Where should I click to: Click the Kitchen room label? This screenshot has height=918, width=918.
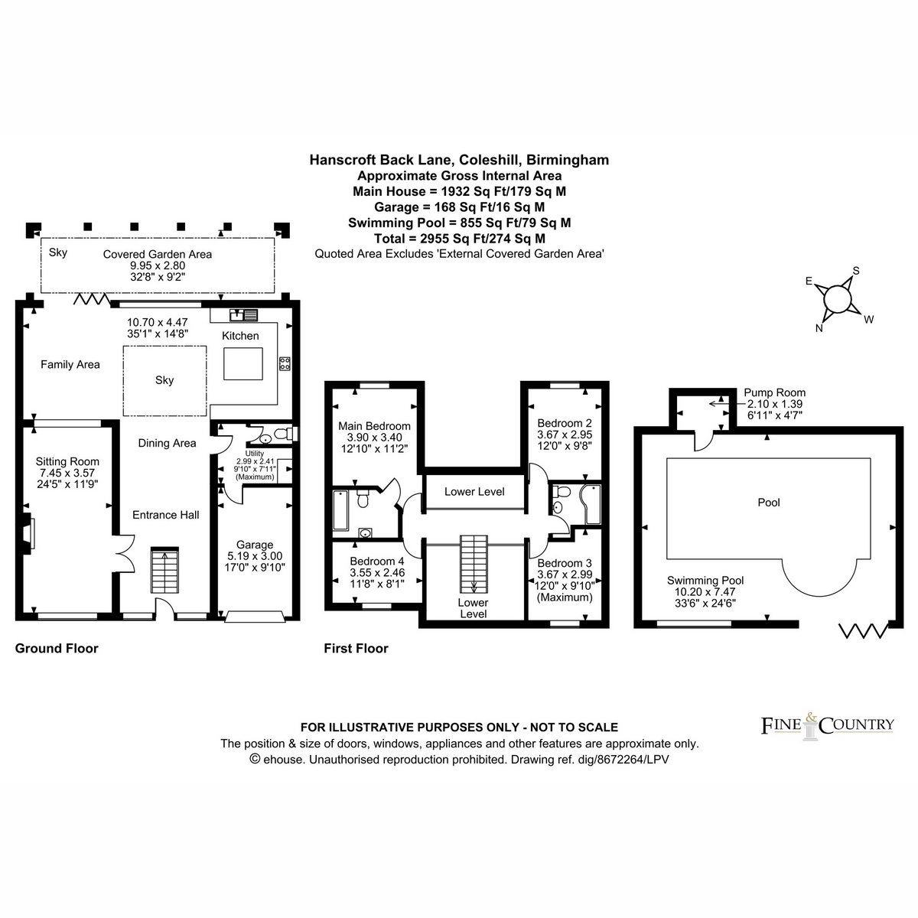click(240, 336)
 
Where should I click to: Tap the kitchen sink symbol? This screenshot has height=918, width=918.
click(243, 315)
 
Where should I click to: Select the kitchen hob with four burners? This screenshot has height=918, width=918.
click(285, 364)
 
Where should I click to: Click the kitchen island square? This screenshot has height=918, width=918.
click(243, 363)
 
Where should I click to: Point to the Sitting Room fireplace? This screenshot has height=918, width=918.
click(27, 533)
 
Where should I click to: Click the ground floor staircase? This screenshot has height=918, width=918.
click(164, 570)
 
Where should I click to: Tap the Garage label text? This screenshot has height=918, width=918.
click(255, 545)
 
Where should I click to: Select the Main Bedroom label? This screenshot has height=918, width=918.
click(374, 426)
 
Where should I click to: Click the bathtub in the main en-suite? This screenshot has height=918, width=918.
click(340, 509)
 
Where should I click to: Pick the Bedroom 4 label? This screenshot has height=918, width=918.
click(377, 562)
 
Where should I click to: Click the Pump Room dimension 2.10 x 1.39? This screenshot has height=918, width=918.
click(775, 404)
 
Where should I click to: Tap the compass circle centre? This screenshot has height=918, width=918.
click(837, 299)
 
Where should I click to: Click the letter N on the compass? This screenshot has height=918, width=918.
click(819, 328)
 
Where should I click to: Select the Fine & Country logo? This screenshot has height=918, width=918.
click(827, 725)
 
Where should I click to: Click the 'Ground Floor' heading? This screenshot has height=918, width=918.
click(57, 649)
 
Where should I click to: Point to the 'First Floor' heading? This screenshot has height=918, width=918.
click(356, 649)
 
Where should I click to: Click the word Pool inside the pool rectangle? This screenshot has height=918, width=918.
click(769, 502)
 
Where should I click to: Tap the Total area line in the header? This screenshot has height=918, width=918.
click(459, 238)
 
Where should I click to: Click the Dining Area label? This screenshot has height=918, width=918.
click(167, 443)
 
